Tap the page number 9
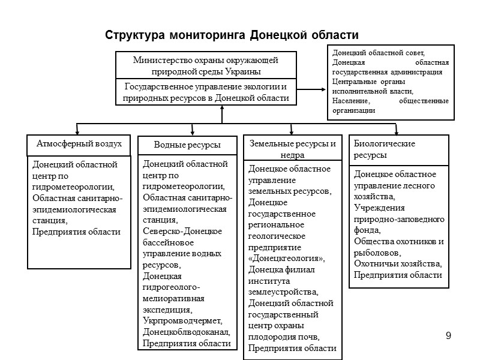pyautogui.click(x=448, y=334)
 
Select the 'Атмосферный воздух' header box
pyautogui.click(x=79, y=144)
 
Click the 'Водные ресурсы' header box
pyautogui.click(x=187, y=145)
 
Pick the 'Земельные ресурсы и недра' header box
pyautogui.click(x=292, y=149)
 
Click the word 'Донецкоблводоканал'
pyautogui.click(x=186, y=332)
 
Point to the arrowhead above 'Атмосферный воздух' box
pyautogui.click(x=77, y=130)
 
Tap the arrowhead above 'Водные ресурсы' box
pyautogui.click(x=191, y=130)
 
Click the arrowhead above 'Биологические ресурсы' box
pyautogui.click(x=396, y=130)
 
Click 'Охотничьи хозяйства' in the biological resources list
pyautogui.click(x=397, y=264)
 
